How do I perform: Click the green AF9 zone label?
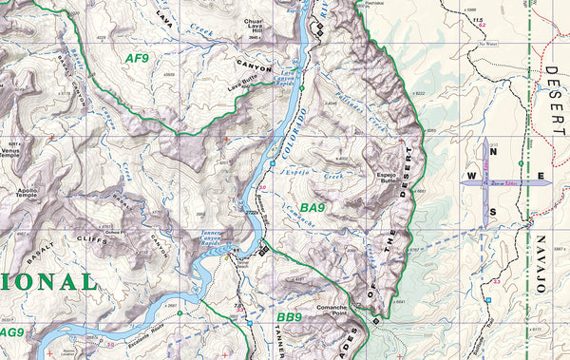coord(138,58)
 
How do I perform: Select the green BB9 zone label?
coord(289,317)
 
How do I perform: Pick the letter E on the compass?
coord(541,177)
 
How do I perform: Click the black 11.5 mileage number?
coord(479,20)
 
